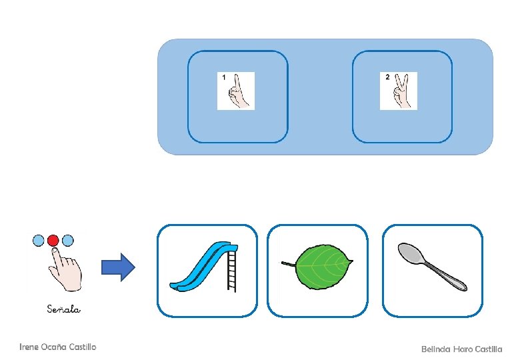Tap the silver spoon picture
point(432,267)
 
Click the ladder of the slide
point(231,271)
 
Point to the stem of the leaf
point(287,264)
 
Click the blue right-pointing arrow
point(117,267)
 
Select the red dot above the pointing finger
point(54,240)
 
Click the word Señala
point(64,309)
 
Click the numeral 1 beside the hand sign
point(224,78)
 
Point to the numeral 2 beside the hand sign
point(387,77)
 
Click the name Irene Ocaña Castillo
point(58,347)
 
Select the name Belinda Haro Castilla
point(461,349)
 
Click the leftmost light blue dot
point(39,239)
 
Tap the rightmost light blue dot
point(68,239)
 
